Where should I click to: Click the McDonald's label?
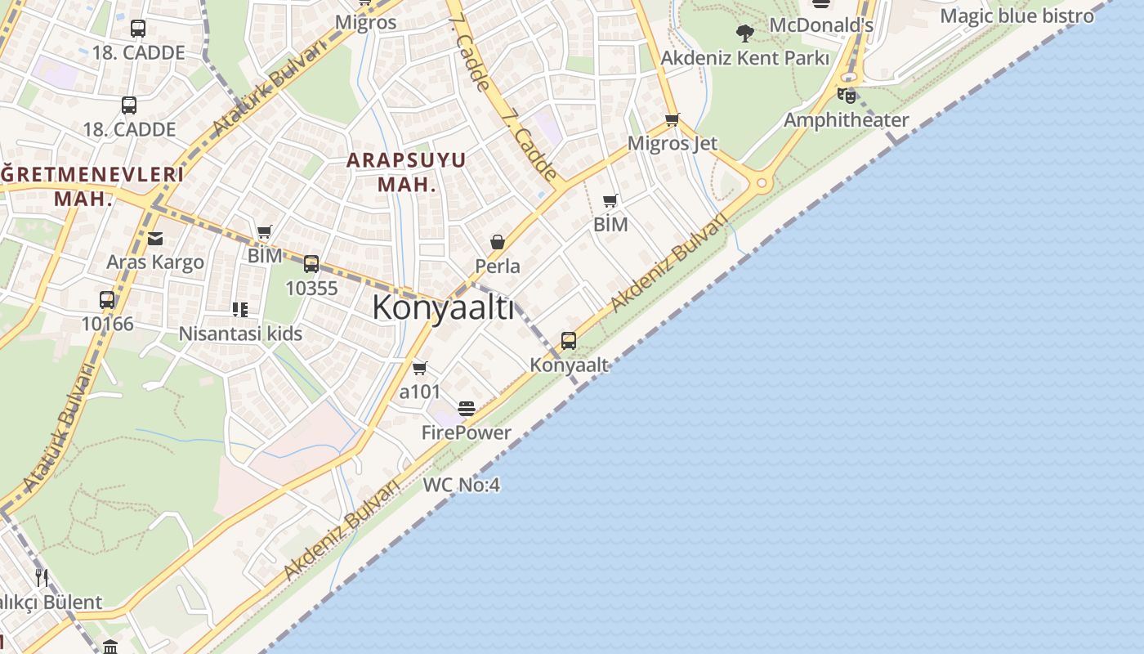click(x=821, y=25)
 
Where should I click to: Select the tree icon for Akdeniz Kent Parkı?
click(x=744, y=34)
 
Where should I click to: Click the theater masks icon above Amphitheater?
click(x=846, y=96)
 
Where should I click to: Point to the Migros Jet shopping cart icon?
click(x=673, y=120)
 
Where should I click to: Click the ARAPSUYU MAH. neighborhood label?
click(x=406, y=171)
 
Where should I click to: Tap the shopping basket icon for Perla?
click(x=497, y=243)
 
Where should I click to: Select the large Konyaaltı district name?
click(x=443, y=308)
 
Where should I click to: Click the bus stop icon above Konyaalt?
click(x=568, y=341)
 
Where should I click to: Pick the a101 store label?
click(x=420, y=392)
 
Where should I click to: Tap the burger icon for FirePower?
click(x=467, y=409)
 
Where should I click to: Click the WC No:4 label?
click(x=461, y=485)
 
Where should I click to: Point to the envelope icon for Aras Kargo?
click(x=155, y=239)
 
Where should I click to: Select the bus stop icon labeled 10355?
click(x=311, y=264)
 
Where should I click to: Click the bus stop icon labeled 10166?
click(x=107, y=300)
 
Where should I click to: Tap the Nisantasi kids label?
click(x=240, y=334)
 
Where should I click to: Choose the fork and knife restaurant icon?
click(x=42, y=578)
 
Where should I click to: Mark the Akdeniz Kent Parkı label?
click(x=744, y=58)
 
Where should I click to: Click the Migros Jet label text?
click(x=673, y=143)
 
